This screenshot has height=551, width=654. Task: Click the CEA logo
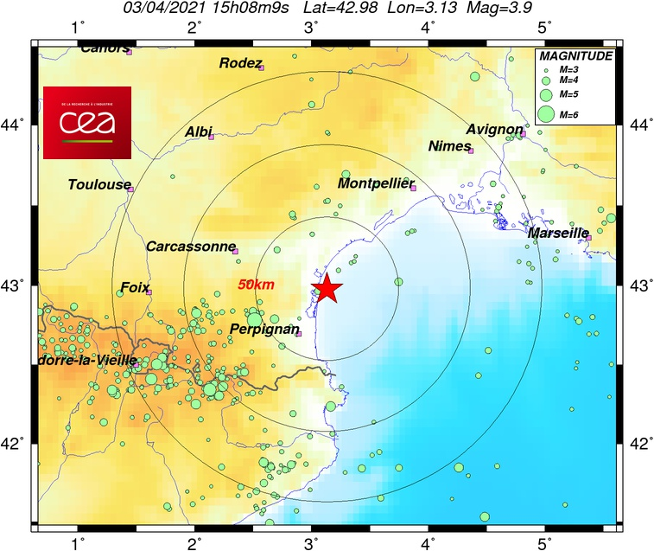[87, 122]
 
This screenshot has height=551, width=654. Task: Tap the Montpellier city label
[376, 183]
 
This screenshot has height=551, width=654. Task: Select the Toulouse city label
[99, 184]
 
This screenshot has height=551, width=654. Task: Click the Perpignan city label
[265, 330]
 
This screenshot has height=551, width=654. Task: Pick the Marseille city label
[558, 233]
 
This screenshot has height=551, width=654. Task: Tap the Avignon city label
[494, 130]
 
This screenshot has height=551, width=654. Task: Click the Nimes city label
[448, 146]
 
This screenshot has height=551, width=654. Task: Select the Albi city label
[199, 131]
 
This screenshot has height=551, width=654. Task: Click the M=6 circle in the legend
[546, 113]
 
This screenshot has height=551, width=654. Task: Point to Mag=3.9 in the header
[498, 9]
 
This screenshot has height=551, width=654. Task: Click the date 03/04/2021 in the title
[159, 9]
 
